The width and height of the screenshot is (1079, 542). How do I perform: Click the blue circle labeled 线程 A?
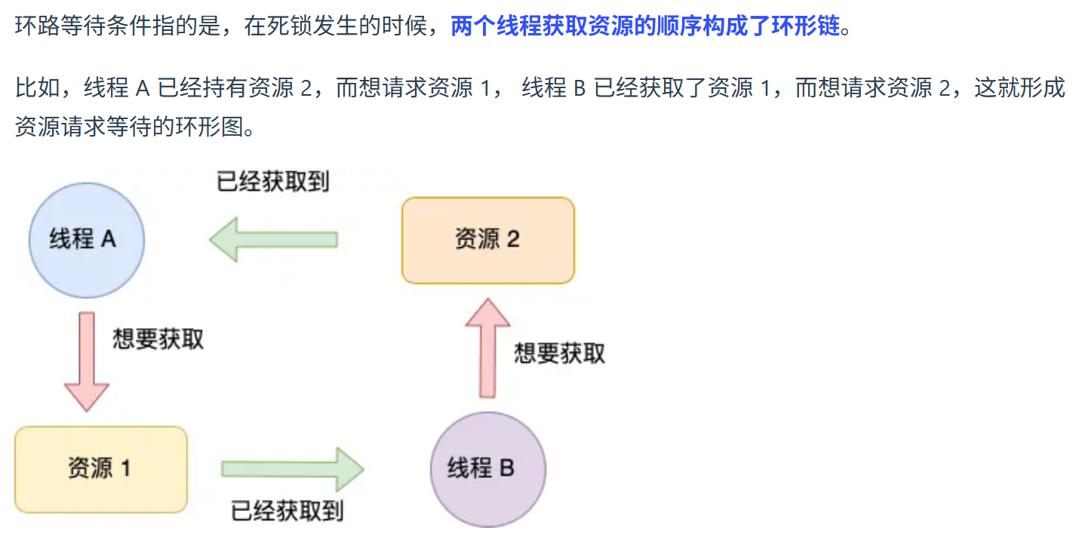(86, 240)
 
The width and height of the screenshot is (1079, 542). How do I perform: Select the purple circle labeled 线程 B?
(487, 469)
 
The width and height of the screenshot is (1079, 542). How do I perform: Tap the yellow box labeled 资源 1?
(100, 469)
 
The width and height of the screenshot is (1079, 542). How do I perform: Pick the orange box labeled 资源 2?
(487, 240)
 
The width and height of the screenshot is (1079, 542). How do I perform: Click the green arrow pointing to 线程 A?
(273, 240)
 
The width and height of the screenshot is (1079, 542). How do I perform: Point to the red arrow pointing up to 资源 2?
(487, 348)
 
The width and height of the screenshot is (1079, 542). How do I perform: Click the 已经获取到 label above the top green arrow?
(273, 182)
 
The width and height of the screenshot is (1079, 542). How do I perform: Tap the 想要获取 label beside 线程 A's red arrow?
(158, 338)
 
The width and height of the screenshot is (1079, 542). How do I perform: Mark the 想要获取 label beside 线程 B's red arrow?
(559, 353)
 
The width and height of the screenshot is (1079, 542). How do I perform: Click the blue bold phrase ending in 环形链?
(644, 28)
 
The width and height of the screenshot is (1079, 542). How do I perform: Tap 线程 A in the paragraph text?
(117, 88)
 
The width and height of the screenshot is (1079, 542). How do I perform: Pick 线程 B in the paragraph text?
(554, 88)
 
